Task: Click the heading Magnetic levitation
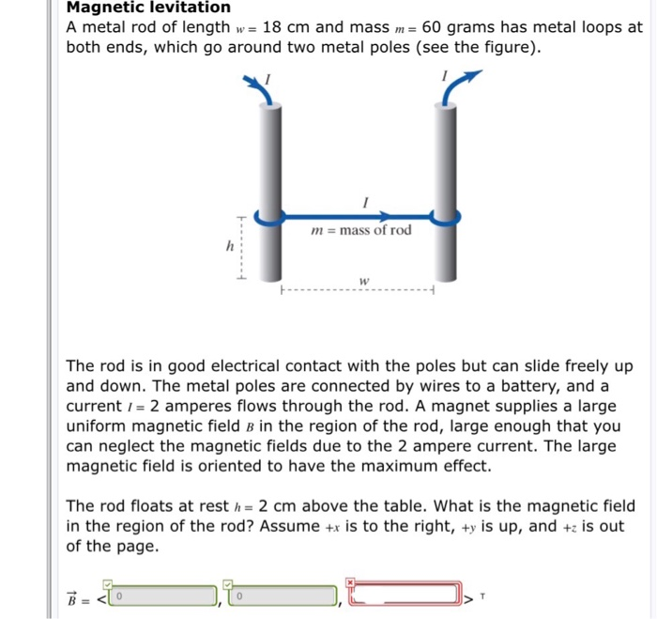tap(147, 8)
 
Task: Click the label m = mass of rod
tap(360, 231)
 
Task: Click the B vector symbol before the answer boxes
tap(72, 596)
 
